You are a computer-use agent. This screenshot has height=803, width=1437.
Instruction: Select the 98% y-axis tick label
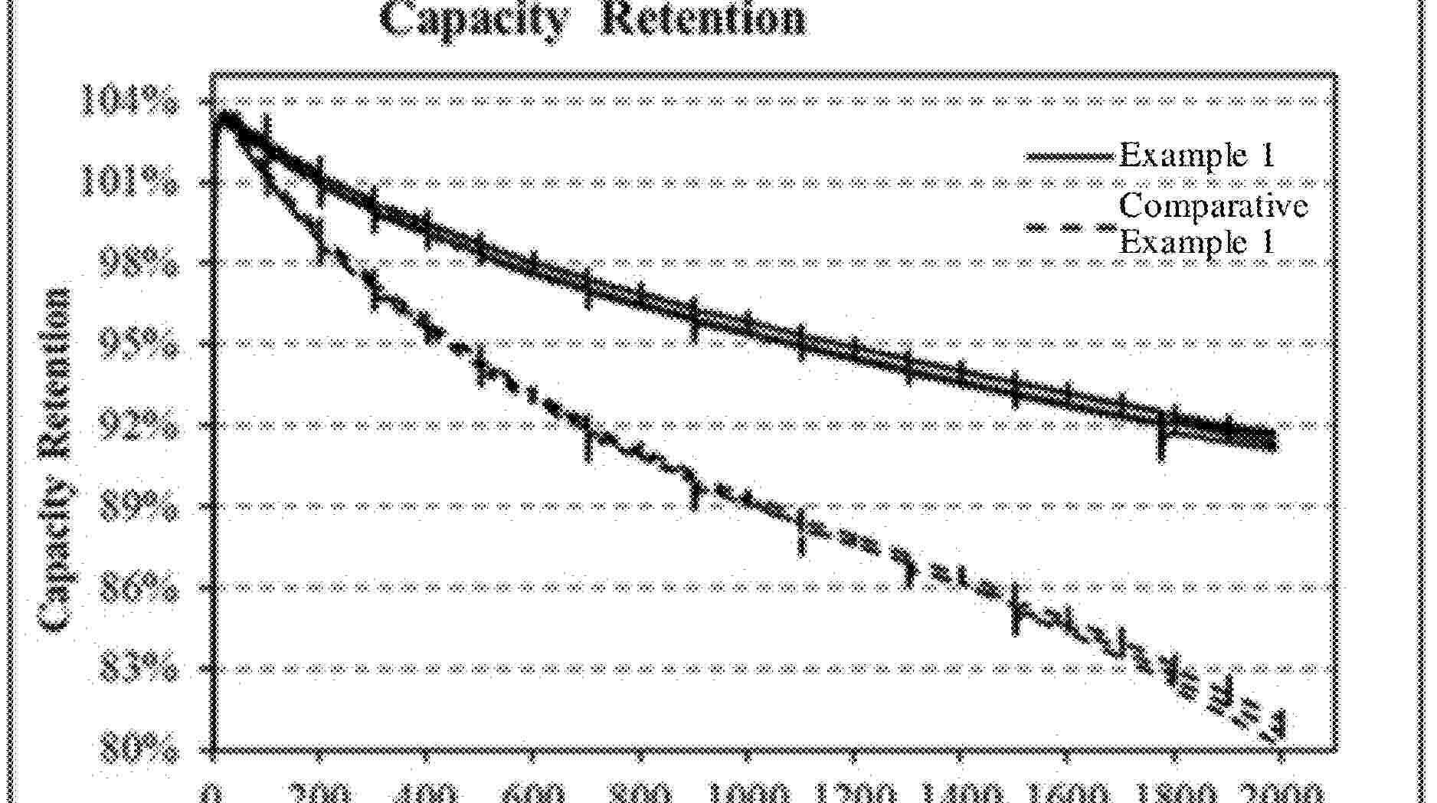coord(139,265)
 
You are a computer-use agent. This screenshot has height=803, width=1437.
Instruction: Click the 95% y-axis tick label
coord(139,346)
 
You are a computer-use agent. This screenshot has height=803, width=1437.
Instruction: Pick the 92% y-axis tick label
coord(139,427)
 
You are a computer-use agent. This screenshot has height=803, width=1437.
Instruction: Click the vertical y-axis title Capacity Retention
coord(56,460)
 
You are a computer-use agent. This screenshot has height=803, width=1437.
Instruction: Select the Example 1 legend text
coord(1196,156)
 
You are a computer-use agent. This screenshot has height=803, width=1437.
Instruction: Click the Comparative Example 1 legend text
coord(1213,224)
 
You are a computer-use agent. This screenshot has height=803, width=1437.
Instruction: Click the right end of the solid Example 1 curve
coord(1272,441)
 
